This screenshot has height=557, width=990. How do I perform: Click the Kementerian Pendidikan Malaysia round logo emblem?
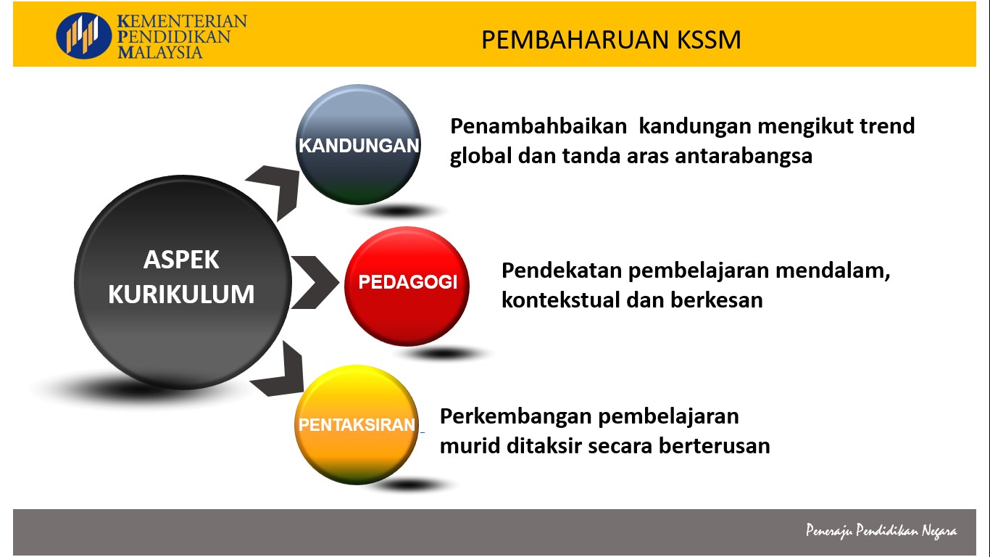click(84, 36)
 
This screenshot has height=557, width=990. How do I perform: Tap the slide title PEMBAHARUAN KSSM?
click(611, 40)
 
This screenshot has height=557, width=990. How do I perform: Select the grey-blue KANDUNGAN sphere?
click(358, 144)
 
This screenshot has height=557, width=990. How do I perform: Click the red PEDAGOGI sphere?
click(407, 286)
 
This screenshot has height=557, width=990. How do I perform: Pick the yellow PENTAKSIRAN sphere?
click(357, 424)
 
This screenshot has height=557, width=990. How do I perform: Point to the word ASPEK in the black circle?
click(181, 259)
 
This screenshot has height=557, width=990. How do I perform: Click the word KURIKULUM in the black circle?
click(181, 294)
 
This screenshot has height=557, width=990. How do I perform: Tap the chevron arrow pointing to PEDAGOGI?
click(315, 282)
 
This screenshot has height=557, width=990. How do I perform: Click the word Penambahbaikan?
click(538, 126)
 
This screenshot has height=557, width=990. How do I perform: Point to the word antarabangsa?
click(744, 156)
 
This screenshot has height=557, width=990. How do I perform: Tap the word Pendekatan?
click(562, 270)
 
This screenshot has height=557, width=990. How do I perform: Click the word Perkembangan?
click(515, 417)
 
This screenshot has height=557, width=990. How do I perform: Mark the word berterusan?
click(714, 446)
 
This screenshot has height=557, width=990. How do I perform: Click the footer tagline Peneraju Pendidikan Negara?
click(881, 530)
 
